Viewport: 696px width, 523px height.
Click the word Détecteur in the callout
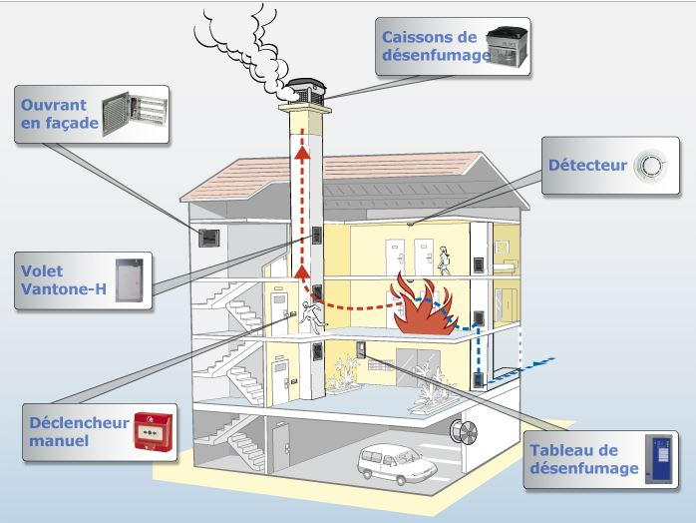[587, 166]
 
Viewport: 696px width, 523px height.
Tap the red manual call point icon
[153, 431]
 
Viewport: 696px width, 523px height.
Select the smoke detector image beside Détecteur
[650, 166]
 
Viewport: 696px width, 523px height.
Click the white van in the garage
[397, 464]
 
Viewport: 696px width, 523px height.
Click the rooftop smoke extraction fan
[306, 92]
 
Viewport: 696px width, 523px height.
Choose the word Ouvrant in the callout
[54, 106]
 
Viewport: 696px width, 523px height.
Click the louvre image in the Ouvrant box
[135, 114]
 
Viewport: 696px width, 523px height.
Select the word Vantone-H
[64, 289]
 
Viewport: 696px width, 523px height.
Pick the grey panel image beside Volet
[130, 280]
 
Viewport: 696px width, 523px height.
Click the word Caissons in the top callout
[429, 37]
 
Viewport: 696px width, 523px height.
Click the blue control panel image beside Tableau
[658, 459]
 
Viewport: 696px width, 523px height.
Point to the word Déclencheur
[79, 422]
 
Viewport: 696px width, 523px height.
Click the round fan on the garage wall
[464, 431]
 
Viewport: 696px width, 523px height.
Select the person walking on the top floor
[445, 261]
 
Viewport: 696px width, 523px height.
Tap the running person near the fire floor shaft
[312, 316]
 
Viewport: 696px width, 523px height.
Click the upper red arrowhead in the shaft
[303, 152]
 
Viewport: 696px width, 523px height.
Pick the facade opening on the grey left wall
[208, 239]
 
